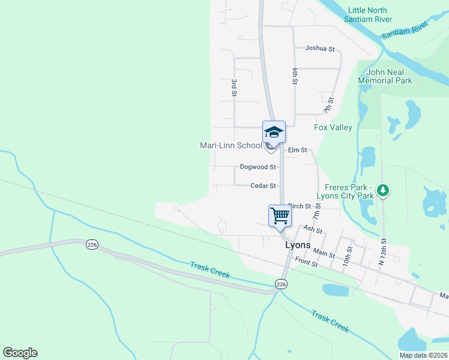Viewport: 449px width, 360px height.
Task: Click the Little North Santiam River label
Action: tap(368, 14)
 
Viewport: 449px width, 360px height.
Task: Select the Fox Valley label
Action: tap(333, 127)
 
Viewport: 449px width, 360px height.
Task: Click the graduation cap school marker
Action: tap(274, 132)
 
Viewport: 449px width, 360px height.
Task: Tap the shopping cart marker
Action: tap(280, 215)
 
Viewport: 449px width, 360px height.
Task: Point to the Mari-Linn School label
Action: tap(231, 145)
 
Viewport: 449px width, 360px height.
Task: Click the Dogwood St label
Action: tap(257, 167)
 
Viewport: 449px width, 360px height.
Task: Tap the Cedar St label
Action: tap(263, 186)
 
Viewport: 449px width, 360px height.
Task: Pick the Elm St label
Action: tap(298, 149)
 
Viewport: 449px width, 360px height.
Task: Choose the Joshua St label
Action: tap(319, 48)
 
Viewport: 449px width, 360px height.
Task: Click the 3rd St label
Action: tap(234, 87)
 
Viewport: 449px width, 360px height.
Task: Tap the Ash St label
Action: tap(313, 230)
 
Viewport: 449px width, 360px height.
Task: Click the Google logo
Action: tap(20, 353)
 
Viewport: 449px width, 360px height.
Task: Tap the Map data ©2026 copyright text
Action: tap(423, 355)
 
